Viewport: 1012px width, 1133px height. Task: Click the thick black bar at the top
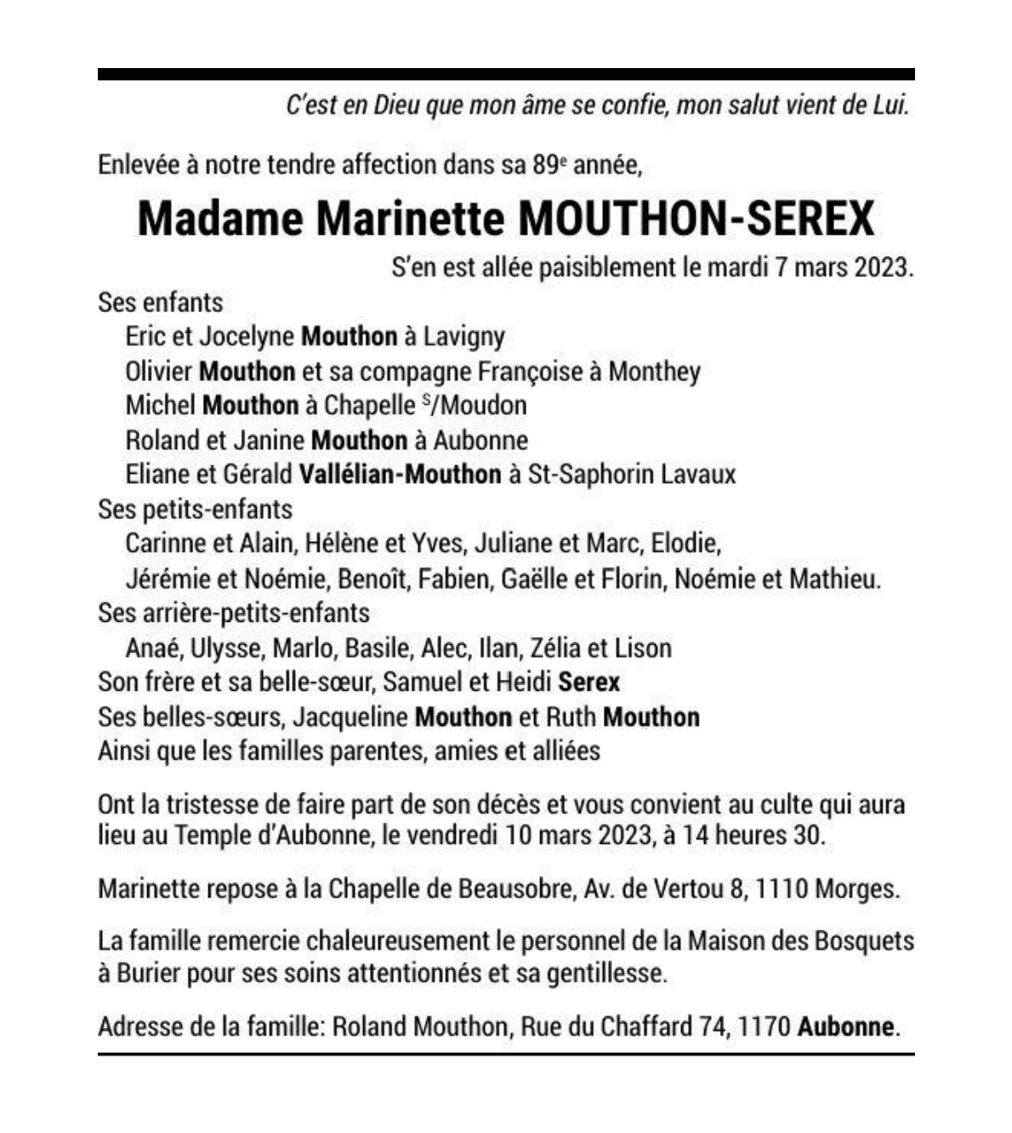pos(506,74)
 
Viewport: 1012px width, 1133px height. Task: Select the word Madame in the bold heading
pos(220,219)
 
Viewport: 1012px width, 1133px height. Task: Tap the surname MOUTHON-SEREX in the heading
pos(696,219)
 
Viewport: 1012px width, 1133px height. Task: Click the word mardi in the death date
pos(737,268)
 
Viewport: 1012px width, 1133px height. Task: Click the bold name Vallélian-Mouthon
pos(400,474)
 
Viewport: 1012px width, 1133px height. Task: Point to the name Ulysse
pos(226,648)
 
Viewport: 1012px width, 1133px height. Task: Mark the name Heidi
pos(521,682)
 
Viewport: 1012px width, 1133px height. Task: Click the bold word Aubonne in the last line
pos(845,1027)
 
